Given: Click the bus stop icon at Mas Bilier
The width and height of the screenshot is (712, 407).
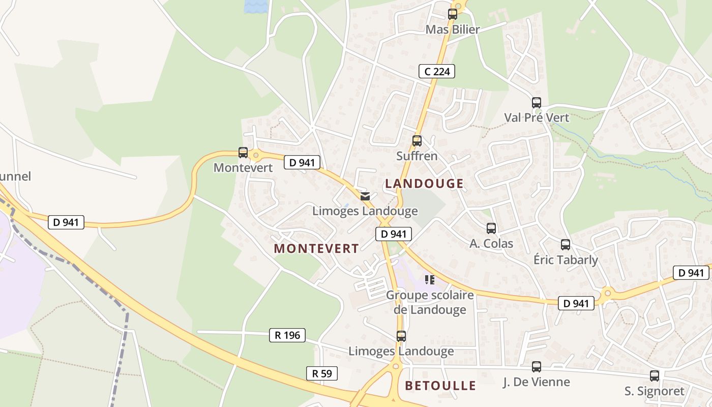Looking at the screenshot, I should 453,14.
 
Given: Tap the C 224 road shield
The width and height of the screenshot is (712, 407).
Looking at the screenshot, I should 437,71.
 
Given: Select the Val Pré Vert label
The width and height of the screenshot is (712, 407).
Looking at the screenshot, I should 537,118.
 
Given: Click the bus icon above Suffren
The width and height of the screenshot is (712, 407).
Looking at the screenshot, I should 417,141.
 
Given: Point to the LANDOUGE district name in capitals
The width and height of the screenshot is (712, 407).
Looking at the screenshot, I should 424,184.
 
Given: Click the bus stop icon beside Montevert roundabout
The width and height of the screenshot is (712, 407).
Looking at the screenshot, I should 243,153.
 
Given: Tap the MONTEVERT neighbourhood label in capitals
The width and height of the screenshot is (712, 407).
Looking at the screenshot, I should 316,248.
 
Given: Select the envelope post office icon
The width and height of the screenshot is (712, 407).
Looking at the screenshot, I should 365,196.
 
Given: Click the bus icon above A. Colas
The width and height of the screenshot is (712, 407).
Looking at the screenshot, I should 491,228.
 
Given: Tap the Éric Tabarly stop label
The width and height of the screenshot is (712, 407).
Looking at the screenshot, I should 566,260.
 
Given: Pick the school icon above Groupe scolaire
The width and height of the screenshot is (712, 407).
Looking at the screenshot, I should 430,280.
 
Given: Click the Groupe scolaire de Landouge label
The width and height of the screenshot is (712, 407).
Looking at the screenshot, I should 430,302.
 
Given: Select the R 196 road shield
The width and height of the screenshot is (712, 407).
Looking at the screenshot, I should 287,335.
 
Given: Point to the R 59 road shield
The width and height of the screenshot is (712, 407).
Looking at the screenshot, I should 322,373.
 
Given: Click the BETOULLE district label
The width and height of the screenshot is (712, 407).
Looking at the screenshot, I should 440,386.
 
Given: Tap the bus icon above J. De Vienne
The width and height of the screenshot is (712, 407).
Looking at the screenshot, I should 536,367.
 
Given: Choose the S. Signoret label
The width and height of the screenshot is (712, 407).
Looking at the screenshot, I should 654,391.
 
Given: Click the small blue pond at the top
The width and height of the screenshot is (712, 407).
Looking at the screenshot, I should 255,6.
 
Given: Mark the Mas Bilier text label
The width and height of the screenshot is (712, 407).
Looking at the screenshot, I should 453,30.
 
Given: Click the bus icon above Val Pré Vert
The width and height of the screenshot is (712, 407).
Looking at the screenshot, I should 537,102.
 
